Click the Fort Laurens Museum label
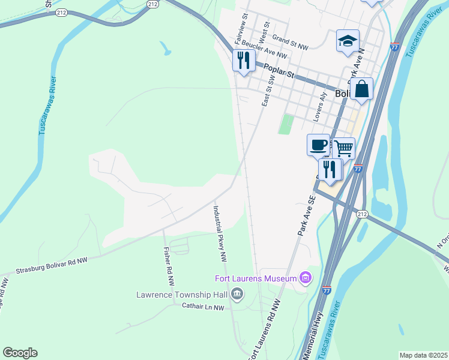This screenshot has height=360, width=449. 256,278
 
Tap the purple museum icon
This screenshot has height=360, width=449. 306,278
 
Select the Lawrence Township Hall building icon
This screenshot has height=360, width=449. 238,294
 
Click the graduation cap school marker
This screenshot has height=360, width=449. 348,41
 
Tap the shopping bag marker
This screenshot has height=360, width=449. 361,89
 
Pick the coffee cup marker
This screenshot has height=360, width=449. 318,145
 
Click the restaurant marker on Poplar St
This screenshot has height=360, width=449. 243,61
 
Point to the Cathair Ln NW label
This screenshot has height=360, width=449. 203,307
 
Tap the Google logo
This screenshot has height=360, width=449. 20,353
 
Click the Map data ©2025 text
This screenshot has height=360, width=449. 423,355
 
